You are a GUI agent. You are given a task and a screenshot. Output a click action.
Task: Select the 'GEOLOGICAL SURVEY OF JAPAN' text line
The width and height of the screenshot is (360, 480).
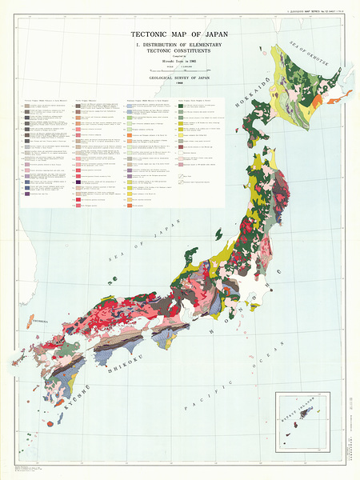(179, 78)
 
